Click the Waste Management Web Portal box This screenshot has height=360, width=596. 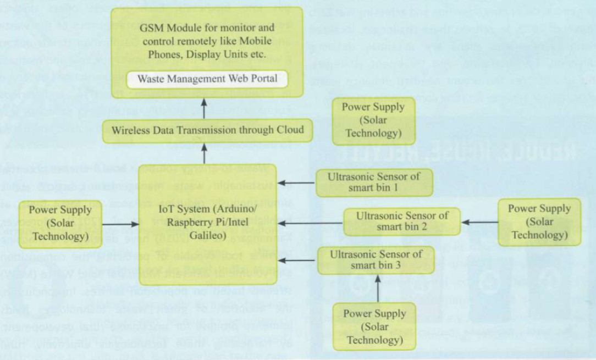click(x=207, y=79)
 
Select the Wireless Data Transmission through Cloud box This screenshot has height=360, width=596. click(x=207, y=131)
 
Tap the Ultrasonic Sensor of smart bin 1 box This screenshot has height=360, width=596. click(x=374, y=182)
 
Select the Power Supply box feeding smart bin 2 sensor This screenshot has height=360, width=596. click(x=539, y=221)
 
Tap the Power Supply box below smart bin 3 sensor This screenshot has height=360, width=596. click(x=374, y=326)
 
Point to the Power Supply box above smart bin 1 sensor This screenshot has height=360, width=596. click(x=373, y=119)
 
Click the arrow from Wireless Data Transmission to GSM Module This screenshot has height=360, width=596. click(x=204, y=109)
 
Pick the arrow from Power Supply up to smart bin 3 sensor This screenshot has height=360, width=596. click(x=378, y=289)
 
